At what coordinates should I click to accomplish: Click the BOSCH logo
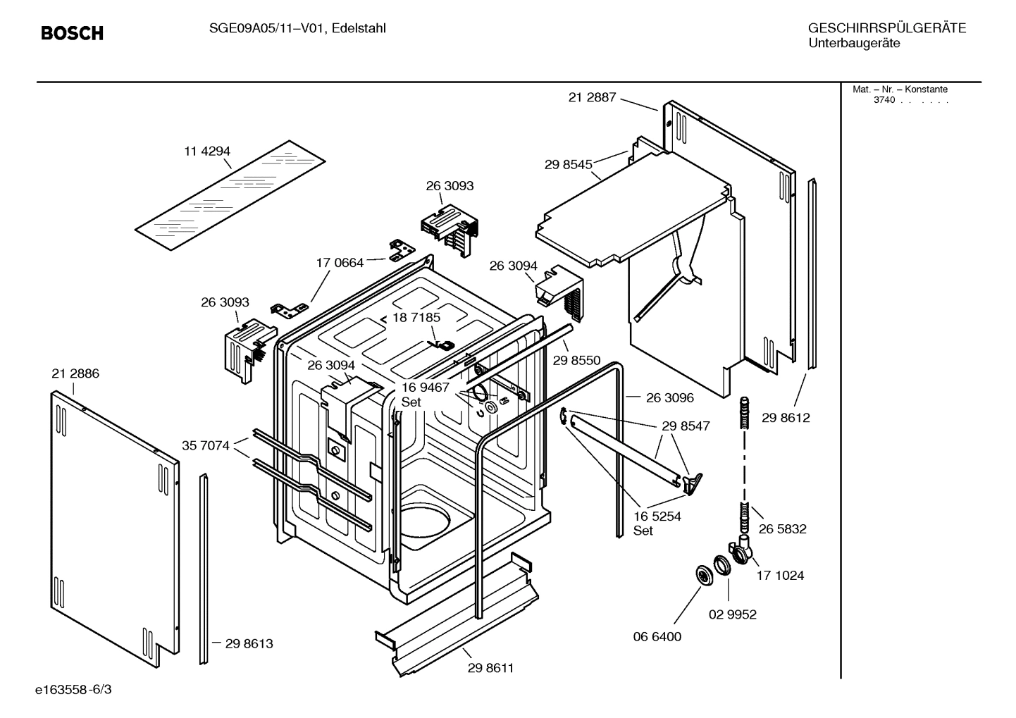click(x=72, y=33)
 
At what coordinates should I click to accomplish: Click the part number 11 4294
click(x=207, y=151)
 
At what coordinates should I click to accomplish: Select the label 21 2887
click(x=592, y=97)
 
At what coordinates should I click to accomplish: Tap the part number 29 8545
click(x=568, y=164)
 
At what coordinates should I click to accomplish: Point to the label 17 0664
click(x=340, y=263)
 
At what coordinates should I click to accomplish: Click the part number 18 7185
click(x=416, y=318)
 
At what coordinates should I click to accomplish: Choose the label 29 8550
click(x=576, y=360)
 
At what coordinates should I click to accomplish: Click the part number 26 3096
click(x=669, y=397)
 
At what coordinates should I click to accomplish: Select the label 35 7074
click(x=206, y=445)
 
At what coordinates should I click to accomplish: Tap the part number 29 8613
click(x=249, y=643)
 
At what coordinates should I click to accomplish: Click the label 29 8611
click(x=490, y=668)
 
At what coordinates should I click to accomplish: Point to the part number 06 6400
click(x=657, y=636)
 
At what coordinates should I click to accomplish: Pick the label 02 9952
click(x=732, y=614)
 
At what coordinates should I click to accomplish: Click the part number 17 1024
click(x=780, y=575)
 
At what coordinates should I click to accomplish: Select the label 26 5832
click(x=782, y=528)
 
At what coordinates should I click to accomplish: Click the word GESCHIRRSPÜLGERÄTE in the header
click(x=886, y=29)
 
